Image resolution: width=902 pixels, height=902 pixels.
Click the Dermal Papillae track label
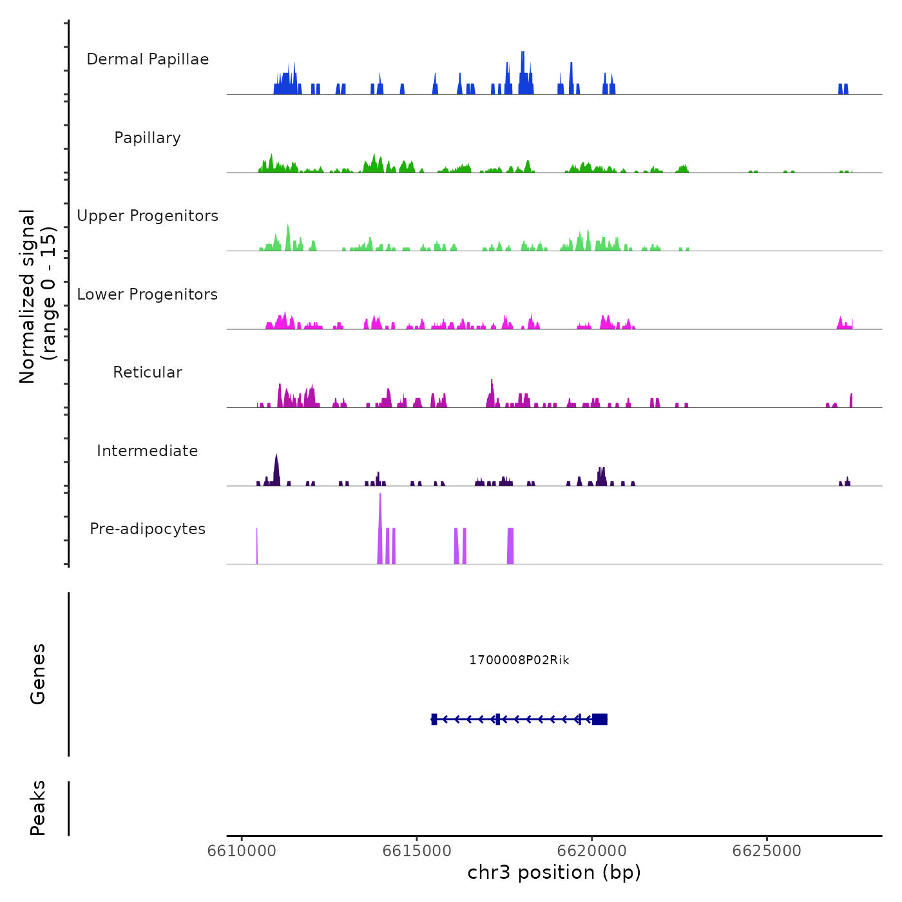click(148, 59)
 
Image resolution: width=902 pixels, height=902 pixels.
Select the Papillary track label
click(148, 138)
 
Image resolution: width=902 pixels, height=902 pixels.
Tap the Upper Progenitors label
click(148, 216)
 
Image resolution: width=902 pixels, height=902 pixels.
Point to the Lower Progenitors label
click(148, 294)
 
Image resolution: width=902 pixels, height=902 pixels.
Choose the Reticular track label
click(148, 372)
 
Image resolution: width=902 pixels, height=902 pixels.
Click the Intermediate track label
click(148, 451)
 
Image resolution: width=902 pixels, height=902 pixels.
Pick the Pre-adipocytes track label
click(148, 529)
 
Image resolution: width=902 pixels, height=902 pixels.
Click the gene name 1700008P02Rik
click(519, 660)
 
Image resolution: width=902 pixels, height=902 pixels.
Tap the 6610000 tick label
click(242, 851)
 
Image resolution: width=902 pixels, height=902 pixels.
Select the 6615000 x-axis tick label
click(417, 851)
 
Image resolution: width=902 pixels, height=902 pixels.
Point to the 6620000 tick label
click(591, 851)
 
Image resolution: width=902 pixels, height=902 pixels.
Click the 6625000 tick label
click(767, 851)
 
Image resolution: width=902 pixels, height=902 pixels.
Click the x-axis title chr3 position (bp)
click(554, 873)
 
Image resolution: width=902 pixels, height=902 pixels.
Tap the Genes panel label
click(38, 674)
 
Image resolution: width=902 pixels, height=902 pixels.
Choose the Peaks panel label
click(38, 808)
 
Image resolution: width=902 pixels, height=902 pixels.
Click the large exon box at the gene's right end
click(600, 719)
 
